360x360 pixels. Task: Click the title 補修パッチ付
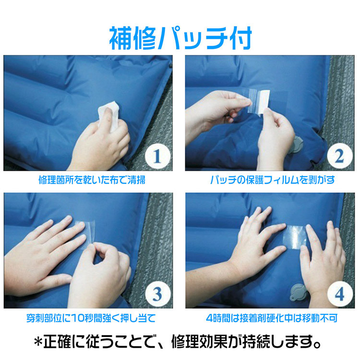(180, 38)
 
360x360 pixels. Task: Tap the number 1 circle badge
(157, 156)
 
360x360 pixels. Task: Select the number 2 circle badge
(340, 156)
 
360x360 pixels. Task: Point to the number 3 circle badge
(158, 294)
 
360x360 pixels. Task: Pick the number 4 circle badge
(340, 294)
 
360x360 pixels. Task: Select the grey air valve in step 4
(299, 292)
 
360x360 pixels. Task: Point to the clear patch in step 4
(295, 237)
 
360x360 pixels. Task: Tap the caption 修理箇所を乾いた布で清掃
(92, 180)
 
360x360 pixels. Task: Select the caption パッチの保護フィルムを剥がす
(272, 180)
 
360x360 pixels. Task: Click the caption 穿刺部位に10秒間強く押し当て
(91, 318)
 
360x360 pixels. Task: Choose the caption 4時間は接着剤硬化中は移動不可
(272, 318)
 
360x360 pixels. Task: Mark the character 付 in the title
(240, 38)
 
